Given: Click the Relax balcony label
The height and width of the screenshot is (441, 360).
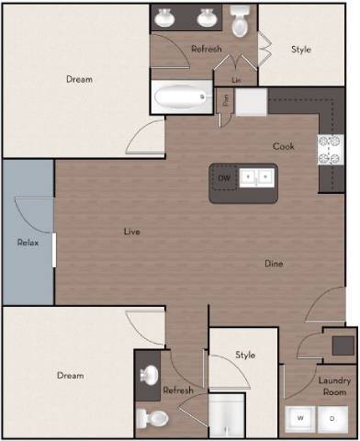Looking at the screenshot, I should [27, 243].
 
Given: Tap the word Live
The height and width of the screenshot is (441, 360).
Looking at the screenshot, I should [132, 232].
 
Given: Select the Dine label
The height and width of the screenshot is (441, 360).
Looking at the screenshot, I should [274, 264].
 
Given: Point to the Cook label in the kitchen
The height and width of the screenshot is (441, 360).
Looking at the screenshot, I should [283, 146].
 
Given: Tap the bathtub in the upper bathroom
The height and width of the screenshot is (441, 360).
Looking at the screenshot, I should [182, 96].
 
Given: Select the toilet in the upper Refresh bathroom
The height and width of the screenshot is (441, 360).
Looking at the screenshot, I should [241, 22].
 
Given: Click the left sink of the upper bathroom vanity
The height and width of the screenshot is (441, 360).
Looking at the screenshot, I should [165, 18].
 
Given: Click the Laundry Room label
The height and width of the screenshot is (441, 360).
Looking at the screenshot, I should [331, 386].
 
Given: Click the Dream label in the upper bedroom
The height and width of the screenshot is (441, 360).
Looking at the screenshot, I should [79, 79].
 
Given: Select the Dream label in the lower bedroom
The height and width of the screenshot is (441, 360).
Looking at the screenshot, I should [70, 375].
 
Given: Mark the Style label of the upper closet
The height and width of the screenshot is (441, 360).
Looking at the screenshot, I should [301, 49].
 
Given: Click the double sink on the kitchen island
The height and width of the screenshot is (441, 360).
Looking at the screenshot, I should [255, 175].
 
